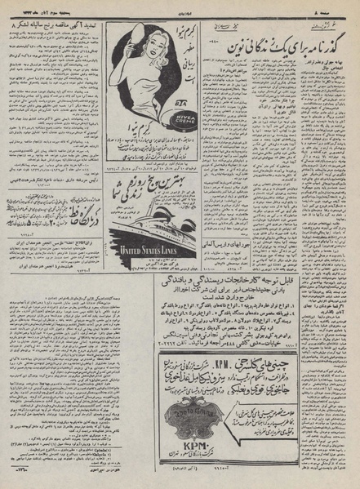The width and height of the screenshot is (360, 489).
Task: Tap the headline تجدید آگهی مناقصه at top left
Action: [x=59, y=29]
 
